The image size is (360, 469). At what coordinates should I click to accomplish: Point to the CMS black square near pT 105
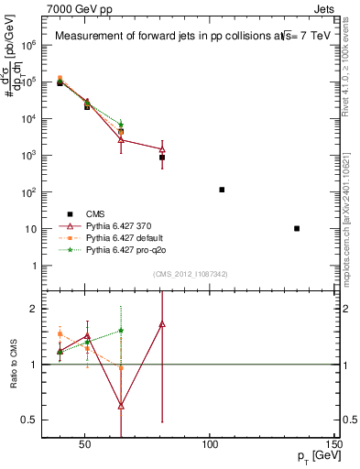222,190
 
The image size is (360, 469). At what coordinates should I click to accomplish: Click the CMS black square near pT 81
162,158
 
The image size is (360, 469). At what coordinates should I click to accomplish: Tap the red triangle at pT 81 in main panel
162,148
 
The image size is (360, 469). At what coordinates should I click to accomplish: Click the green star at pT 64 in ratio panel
121,331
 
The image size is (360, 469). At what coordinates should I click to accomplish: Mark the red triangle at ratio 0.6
121,405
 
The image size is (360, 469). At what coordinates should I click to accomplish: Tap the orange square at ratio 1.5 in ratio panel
60,334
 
